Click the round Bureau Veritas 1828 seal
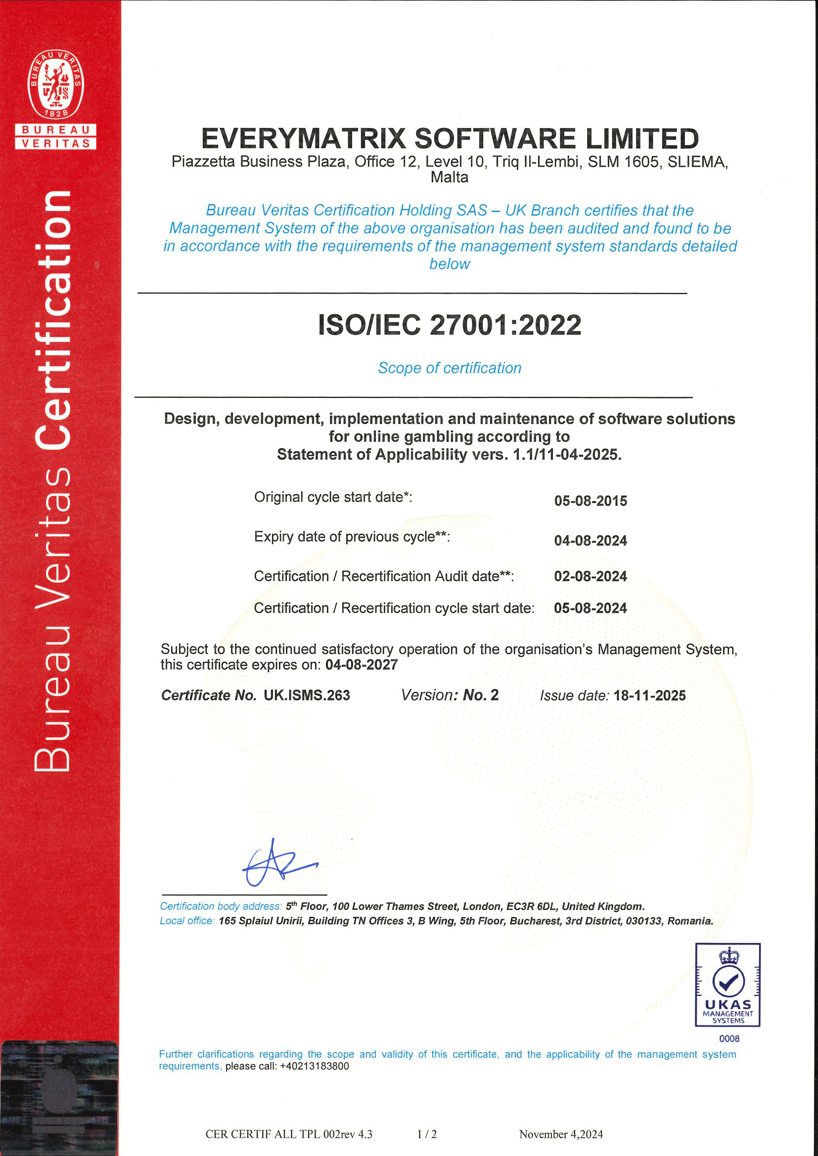coord(55,85)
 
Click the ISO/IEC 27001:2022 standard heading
coord(449,325)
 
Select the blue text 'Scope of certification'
coord(449,368)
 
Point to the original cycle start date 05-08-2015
coord(591,501)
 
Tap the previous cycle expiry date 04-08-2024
coord(591,541)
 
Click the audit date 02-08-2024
coord(591,576)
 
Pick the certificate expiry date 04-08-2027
coord(361,665)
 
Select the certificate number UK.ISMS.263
coord(307,695)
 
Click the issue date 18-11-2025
coord(649,695)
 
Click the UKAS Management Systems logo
coord(727,985)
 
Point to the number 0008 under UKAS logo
coord(729,1039)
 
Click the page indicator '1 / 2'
coord(427,1134)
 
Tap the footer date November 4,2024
coord(561,1134)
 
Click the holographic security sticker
coord(59,1098)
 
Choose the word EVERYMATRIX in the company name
coord(303,138)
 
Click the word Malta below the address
coord(449,177)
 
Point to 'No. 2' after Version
coord(481,695)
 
